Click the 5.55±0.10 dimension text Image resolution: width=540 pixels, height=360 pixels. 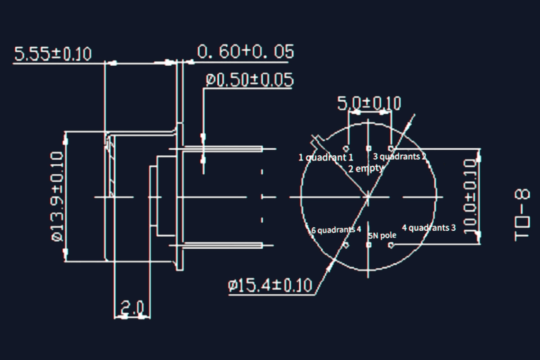click(x=53, y=54)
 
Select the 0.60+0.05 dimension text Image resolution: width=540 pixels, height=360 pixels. click(x=246, y=52)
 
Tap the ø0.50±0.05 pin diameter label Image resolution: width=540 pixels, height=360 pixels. click(x=250, y=80)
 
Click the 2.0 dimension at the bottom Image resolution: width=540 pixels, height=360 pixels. click(x=132, y=308)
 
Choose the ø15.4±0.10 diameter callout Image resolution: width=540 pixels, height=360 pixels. click(x=270, y=285)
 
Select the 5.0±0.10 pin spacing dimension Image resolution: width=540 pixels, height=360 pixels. click(x=369, y=103)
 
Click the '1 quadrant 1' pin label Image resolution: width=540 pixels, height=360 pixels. click(x=326, y=157)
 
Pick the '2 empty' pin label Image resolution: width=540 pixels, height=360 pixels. click(x=365, y=169)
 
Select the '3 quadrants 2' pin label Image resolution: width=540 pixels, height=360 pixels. click(x=399, y=157)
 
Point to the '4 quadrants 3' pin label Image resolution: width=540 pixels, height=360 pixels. click(x=428, y=228)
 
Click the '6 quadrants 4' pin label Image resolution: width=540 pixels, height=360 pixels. click(x=337, y=230)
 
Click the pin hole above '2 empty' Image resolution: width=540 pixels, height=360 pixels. click(x=369, y=148)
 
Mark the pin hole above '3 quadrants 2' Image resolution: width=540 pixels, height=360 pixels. click(x=391, y=148)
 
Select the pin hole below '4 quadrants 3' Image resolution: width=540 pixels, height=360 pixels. click(x=391, y=245)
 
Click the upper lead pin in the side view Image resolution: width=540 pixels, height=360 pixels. click(x=223, y=148)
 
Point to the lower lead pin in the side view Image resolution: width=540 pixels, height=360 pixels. click(x=223, y=245)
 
